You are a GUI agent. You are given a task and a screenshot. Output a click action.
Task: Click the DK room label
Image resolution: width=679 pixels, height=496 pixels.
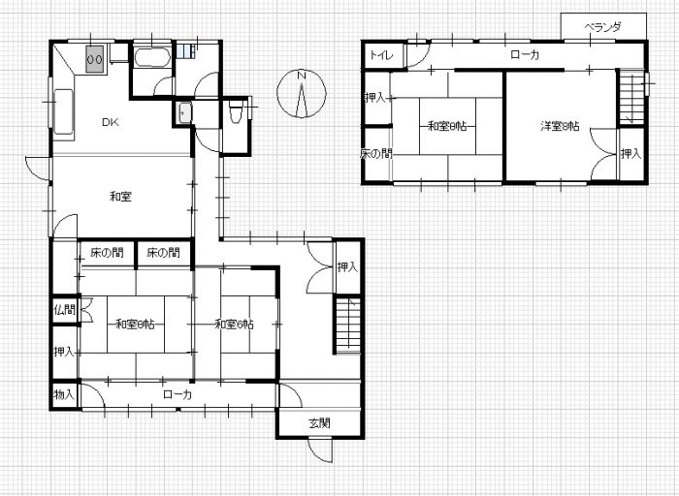[x=111, y=122]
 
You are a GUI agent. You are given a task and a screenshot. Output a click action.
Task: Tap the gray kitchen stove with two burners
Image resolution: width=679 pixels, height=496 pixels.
[x=95, y=58]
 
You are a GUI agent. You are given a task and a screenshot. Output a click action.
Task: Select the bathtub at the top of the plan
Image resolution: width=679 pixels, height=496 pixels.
[x=151, y=57]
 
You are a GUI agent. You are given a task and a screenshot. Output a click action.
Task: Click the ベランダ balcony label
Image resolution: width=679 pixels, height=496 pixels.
[x=602, y=27]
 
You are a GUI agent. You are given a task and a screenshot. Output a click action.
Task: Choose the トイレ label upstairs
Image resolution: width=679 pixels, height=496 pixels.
[x=381, y=55]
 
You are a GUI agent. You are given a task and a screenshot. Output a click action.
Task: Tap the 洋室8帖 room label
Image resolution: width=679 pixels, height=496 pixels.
[x=560, y=126]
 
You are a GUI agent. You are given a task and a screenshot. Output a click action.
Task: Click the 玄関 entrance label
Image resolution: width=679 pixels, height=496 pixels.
[x=319, y=423]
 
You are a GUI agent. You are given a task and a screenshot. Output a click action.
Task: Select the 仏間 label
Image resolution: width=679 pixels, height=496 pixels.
[x=65, y=310]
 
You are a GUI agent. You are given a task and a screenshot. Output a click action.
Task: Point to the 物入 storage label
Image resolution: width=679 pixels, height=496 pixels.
[x=65, y=394]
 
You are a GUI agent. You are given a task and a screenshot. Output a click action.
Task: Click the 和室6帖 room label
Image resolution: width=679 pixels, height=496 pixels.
[x=235, y=324]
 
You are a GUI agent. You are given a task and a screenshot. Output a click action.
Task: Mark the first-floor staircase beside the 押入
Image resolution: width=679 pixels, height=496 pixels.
[x=347, y=325]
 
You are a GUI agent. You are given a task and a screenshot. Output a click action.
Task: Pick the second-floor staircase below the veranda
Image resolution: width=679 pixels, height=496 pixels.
[x=630, y=97]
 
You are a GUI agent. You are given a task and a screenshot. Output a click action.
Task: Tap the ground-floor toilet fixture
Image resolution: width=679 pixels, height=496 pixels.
[x=236, y=110]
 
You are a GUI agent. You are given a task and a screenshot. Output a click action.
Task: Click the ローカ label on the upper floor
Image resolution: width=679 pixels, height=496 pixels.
[x=525, y=55]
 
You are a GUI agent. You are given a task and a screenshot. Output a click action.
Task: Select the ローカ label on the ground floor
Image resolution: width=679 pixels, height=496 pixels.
[x=178, y=394]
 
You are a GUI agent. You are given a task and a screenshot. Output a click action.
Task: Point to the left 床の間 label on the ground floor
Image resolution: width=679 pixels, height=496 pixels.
[x=107, y=253]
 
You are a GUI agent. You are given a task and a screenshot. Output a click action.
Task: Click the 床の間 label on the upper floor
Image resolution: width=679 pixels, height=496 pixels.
[x=376, y=154]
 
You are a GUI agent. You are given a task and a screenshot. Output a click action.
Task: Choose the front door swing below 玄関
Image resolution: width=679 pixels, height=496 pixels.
[x=321, y=450]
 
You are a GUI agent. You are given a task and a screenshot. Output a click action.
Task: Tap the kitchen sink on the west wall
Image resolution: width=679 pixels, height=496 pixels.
[x=63, y=111]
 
